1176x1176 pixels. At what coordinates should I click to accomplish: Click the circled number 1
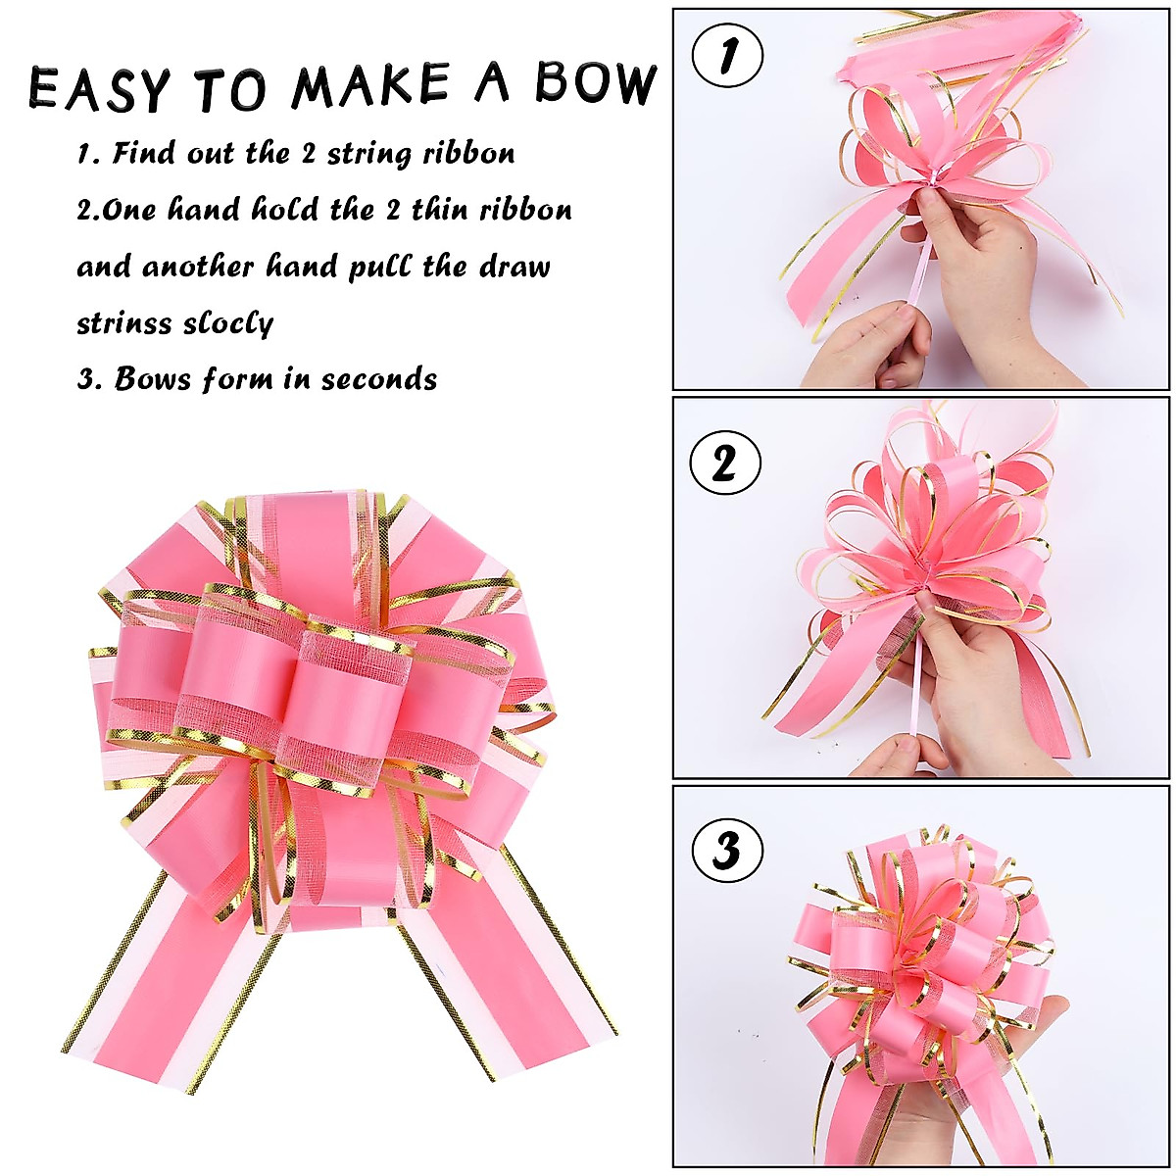pyautogui.click(x=727, y=56)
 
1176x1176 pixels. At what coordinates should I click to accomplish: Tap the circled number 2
pyautogui.click(x=724, y=464)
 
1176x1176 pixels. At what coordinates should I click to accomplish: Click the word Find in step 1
pyautogui.click(x=146, y=154)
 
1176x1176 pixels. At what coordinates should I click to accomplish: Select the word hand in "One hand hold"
pyautogui.click(x=204, y=210)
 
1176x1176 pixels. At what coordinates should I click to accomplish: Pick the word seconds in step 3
pyautogui.click(x=379, y=379)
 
